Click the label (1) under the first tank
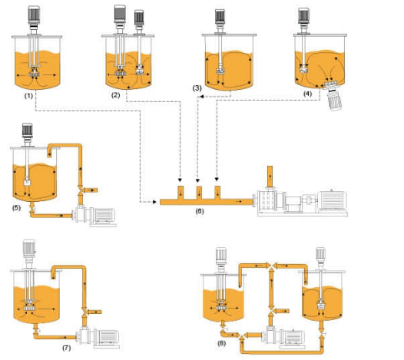(x=28, y=96)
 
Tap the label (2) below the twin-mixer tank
(x=115, y=95)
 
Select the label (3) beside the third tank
(x=197, y=88)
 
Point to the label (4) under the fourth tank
(x=307, y=94)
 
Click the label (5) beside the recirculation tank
(x=16, y=207)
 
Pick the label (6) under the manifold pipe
(x=200, y=211)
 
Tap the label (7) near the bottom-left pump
(x=66, y=348)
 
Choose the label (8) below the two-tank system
(x=221, y=343)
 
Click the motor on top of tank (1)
(x=34, y=16)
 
